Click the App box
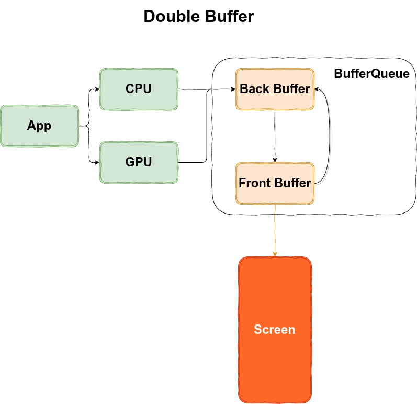tap(39, 126)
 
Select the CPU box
tap(139, 89)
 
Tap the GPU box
tap(139, 162)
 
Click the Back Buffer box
tap(275, 89)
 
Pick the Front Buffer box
tap(275, 183)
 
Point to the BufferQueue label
tap(371, 74)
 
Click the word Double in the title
tap(169, 17)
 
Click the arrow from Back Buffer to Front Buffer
tap(275, 136)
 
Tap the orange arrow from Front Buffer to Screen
tap(275, 230)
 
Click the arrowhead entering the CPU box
tap(97, 89)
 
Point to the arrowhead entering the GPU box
tap(97, 162)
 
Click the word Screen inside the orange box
tap(275, 330)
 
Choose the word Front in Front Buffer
tap(254, 183)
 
